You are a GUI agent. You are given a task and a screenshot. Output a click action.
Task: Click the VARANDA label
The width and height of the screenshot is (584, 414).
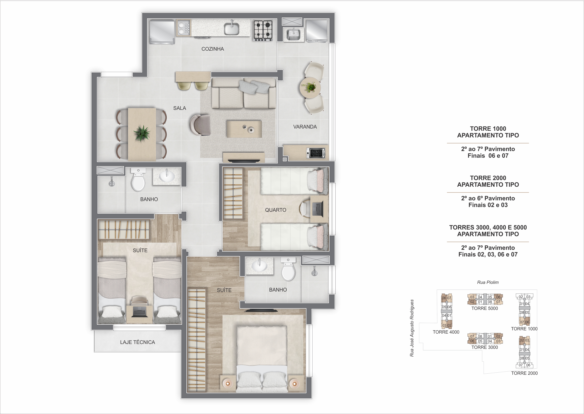[x=305, y=127]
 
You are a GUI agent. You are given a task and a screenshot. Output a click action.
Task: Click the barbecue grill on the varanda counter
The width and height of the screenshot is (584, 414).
[x=317, y=153]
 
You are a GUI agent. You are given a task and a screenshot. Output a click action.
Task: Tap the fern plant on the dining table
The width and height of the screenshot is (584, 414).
[x=142, y=133]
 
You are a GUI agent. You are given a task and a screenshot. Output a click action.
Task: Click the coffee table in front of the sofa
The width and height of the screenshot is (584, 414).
[x=244, y=129]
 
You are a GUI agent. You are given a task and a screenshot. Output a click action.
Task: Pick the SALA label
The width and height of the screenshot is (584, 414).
[x=180, y=108]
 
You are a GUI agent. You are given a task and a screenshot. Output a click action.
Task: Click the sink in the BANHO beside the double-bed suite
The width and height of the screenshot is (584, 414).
[x=259, y=266]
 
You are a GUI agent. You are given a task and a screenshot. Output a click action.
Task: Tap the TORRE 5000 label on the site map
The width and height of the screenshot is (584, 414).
[x=484, y=308]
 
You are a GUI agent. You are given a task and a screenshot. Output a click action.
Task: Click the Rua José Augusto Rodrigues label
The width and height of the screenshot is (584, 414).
[x=412, y=328]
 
